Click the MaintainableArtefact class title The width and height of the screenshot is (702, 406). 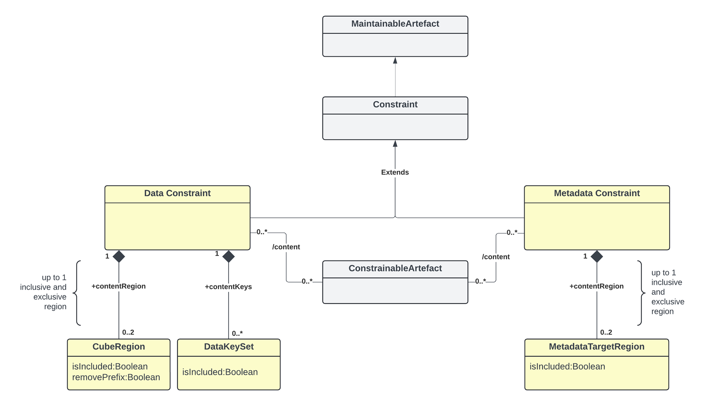pyautogui.click(x=395, y=24)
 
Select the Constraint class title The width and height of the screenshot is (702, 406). pyautogui.click(x=395, y=105)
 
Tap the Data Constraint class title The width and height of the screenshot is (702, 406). pyautogui.click(x=177, y=193)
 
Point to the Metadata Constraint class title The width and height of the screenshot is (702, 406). pyautogui.click(x=597, y=193)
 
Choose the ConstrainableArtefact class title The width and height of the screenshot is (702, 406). pyautogui.click(x=395, y=268)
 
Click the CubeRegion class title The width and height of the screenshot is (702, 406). pyautogui.click(x=119, y=347)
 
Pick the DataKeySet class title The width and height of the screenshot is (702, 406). pyautogui.click(x=229, y=347)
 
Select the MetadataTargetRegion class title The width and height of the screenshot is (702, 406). pyautogui.click(x=597, y=347)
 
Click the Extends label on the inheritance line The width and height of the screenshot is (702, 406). pyautogui.click(x=395, y=172)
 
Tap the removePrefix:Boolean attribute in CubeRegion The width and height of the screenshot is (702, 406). pyautogui.click(x=116, y=377)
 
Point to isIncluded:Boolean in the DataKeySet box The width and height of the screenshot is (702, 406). pyautogui.click(x=220, y=372)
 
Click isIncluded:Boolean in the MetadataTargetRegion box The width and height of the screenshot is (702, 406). pyautogui.click(x=567, y=367)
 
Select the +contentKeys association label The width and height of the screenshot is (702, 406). pyautogui.click(x=228, y=287)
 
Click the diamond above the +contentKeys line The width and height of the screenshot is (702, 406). pyautogui.click(x=229, y=256)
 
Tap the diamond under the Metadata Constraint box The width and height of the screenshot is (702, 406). pyautogui.click(x=597, y=256)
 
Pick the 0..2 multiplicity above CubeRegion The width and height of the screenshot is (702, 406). pyautogui.click(x=128, y=332)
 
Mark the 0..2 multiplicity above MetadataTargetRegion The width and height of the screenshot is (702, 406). pyautogui.click(x=606, y=332)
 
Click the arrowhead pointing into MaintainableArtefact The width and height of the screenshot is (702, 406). pyautogui.click(x=395, y=61)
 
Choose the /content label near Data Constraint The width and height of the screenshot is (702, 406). pyautogui.click(x=286, y=247)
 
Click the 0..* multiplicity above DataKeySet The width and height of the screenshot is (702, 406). pyautogui.click(x=237, y=333)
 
